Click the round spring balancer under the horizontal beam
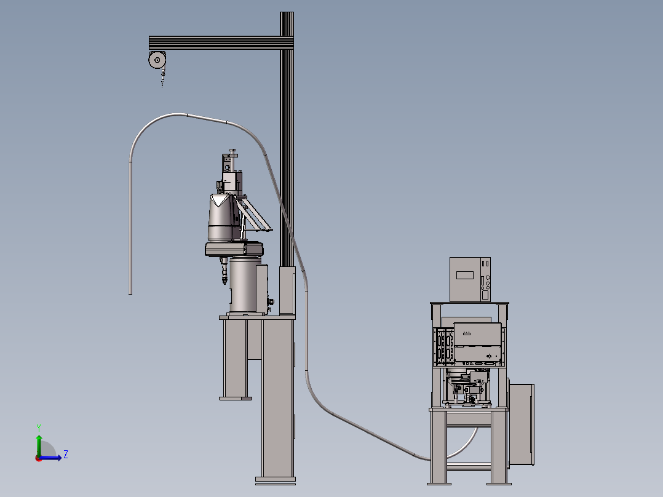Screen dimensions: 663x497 pos(157,60)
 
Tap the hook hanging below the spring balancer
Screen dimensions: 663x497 pos(163,79)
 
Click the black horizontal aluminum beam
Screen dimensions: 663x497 pos(221,42)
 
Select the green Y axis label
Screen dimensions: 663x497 pos(39,427)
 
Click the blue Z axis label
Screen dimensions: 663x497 pos(66,455)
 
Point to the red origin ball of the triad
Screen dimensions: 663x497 pos(39,458)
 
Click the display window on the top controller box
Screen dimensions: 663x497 pos(465,276)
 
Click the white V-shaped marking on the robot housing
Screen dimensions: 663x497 pos(220,200)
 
